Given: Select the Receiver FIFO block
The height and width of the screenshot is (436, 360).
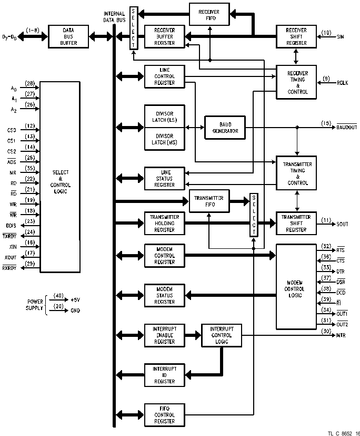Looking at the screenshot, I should pos(209,14).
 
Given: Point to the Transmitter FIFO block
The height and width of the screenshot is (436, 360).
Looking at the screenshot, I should pos(209,201).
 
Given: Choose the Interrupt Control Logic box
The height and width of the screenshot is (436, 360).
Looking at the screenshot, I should pos(222,335).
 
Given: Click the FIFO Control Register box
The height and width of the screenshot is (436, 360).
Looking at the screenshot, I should pos(164,415).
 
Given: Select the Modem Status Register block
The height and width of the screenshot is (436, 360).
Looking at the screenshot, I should pos(164,295).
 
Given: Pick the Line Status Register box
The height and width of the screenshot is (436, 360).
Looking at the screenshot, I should pos(164,178).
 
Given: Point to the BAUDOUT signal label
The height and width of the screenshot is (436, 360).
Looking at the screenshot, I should pos(346,128).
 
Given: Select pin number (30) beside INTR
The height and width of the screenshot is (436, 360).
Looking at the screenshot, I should pos(326,331).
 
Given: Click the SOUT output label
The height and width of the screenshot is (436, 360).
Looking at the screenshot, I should pos(342,224).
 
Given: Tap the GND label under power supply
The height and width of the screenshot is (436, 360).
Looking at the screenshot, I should pos(75,311).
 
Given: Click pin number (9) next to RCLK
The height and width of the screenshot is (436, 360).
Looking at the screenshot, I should pos(326,79).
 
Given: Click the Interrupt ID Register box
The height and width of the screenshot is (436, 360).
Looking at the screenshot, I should pos(164,375).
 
